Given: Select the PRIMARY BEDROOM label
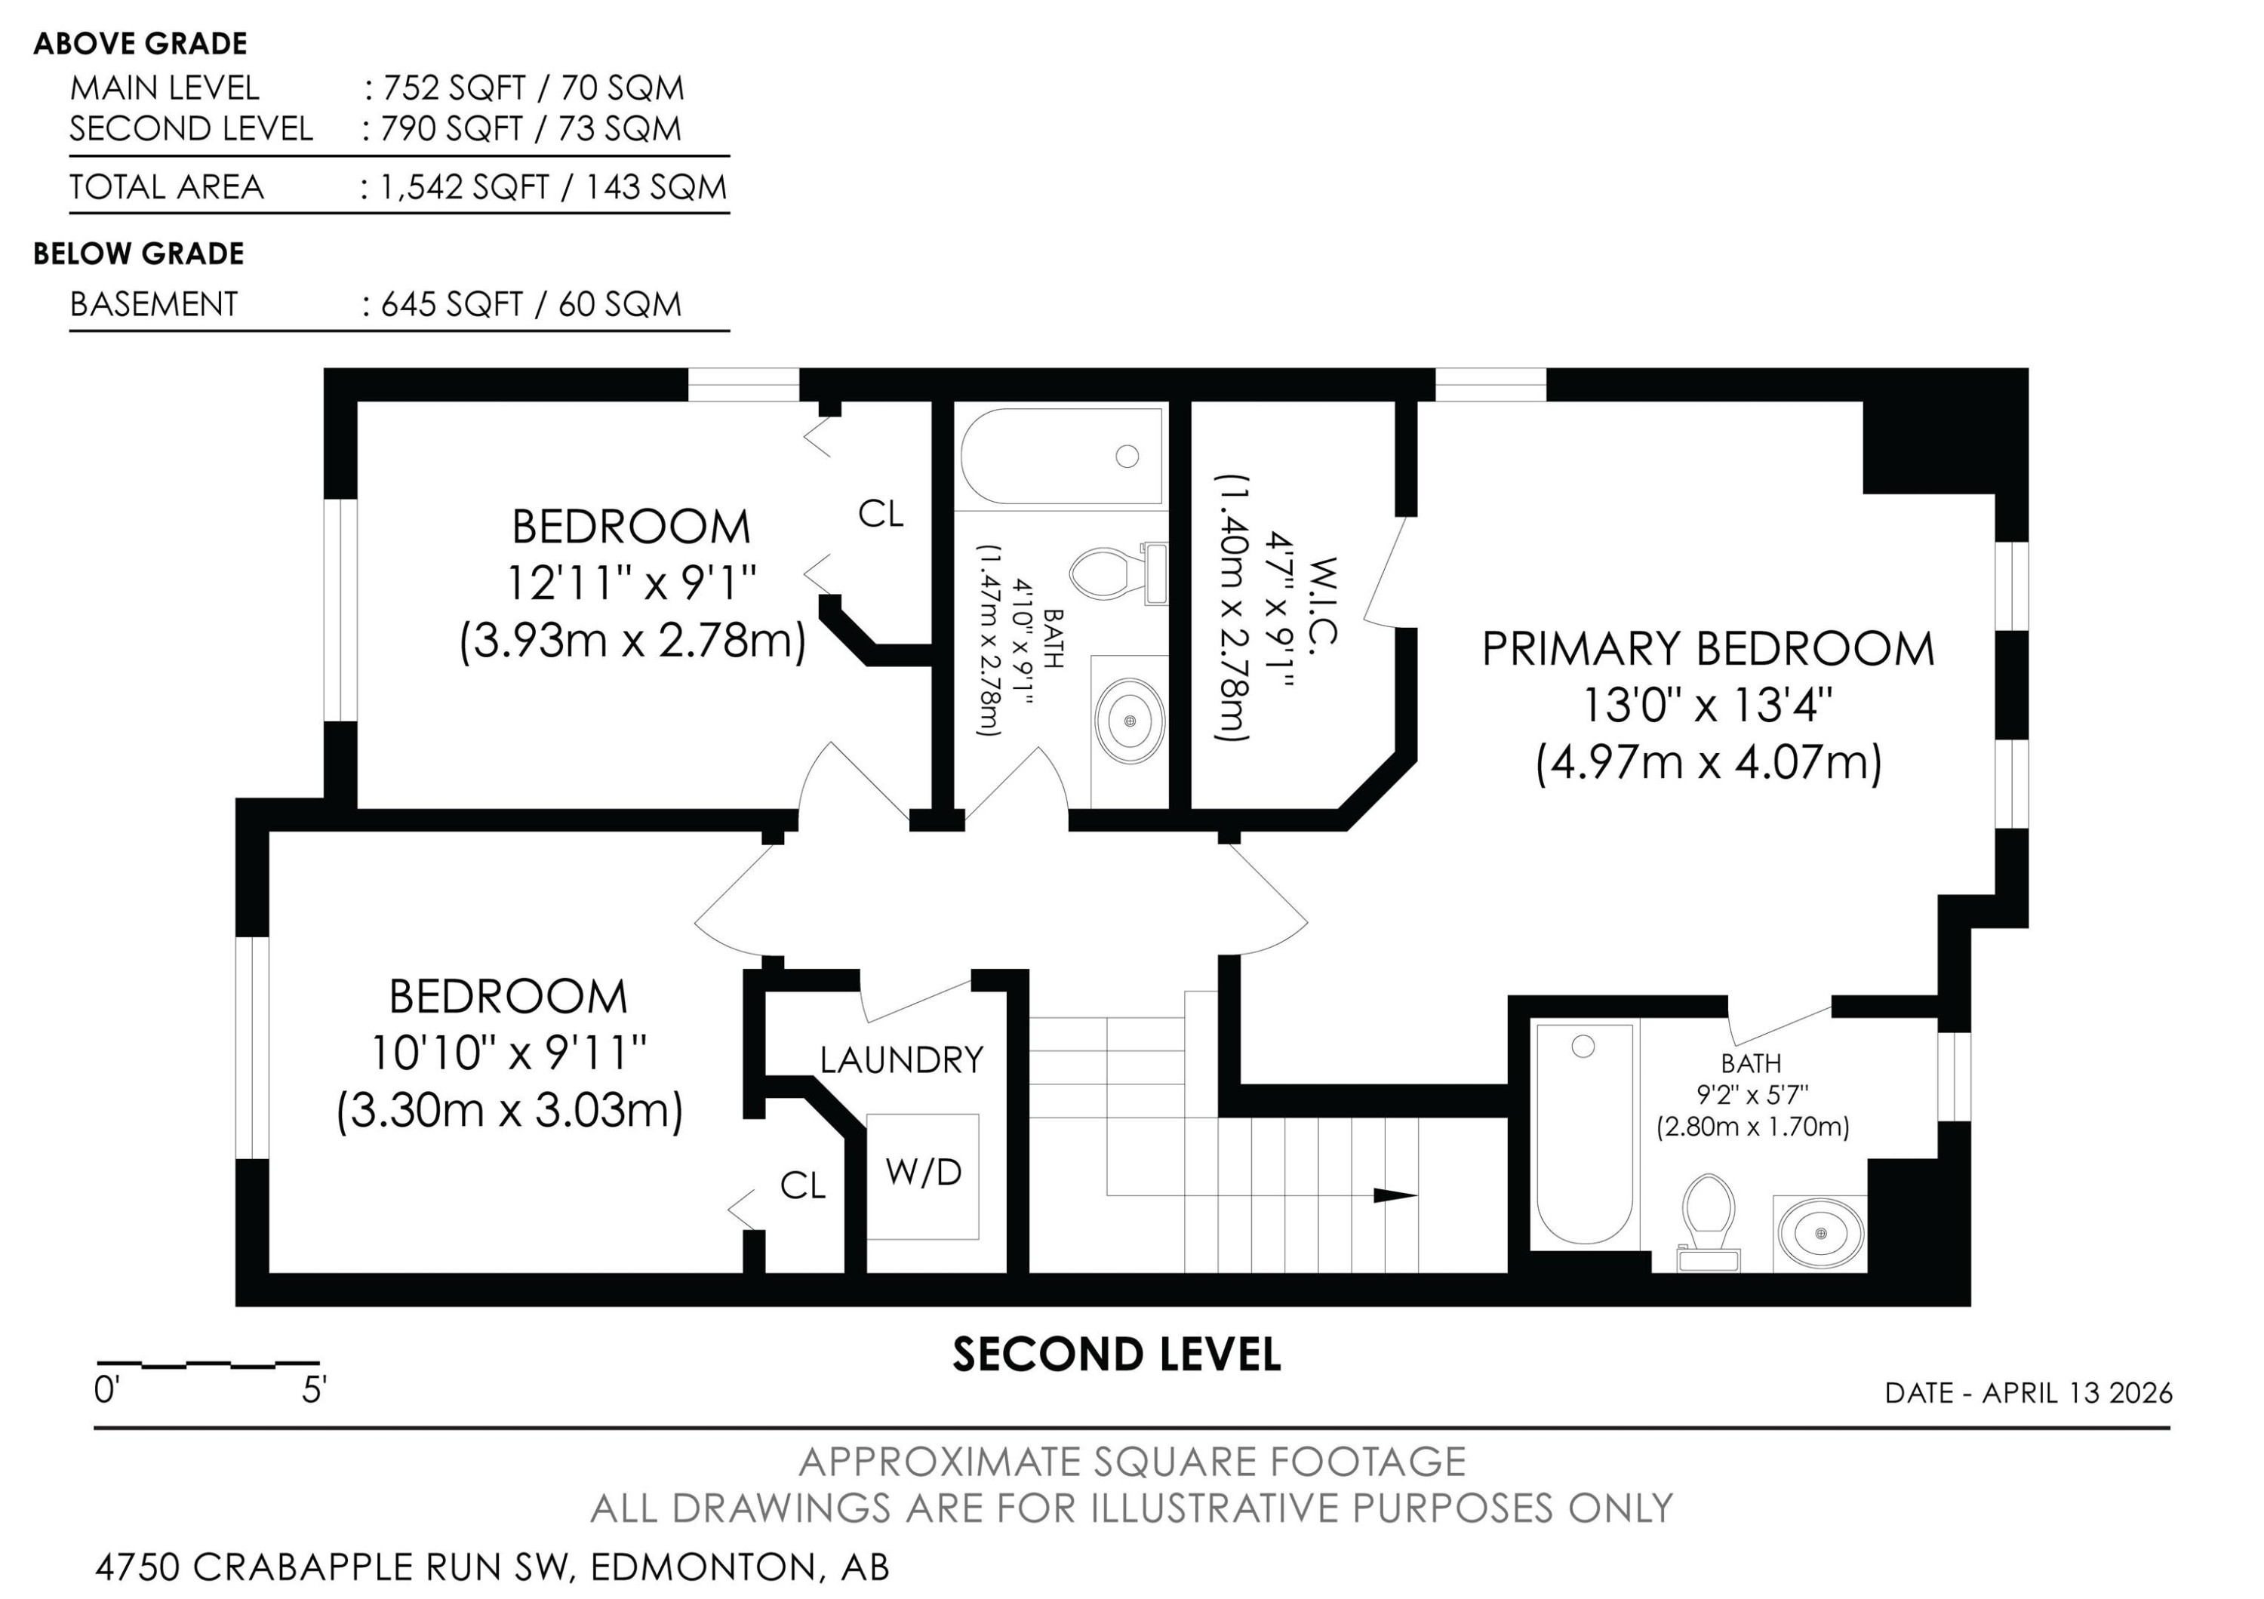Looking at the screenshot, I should click(x=1708, y=649).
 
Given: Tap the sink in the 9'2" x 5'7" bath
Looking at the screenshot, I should click(x=1820, y=1233).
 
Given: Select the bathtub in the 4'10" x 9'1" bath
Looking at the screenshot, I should click(x=1060, y=457).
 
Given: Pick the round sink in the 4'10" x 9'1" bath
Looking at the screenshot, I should click(x=1130, y=721).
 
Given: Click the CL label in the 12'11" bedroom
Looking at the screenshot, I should click(x=881, y=514).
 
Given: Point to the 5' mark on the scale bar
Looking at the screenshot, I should click(x=315, y=1391).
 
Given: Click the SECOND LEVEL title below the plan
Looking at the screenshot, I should click(x=1116, y=1355).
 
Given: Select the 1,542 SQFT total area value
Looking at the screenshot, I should click(x=463, y=187).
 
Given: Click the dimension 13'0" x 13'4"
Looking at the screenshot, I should click(x=1707, y=706).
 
